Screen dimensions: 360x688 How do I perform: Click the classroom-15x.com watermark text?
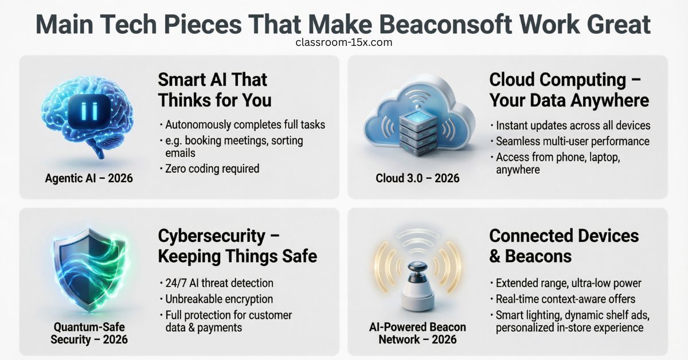click(344, 42)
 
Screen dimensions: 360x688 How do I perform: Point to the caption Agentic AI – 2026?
click(89, 178)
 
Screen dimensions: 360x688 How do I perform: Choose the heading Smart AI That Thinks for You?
click(214, 90)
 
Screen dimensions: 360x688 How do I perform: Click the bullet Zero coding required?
click(212, 169)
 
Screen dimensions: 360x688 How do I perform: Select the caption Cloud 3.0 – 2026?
click(417, 178)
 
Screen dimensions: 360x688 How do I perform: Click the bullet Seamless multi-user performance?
click(572, 141)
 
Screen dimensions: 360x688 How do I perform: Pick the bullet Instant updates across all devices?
click(572, 126)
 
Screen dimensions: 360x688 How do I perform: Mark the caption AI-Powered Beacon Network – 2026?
click(417, 333)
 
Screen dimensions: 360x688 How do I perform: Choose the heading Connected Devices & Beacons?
click(564, 245)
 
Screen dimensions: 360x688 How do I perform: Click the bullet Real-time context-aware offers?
click(565, 299)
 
